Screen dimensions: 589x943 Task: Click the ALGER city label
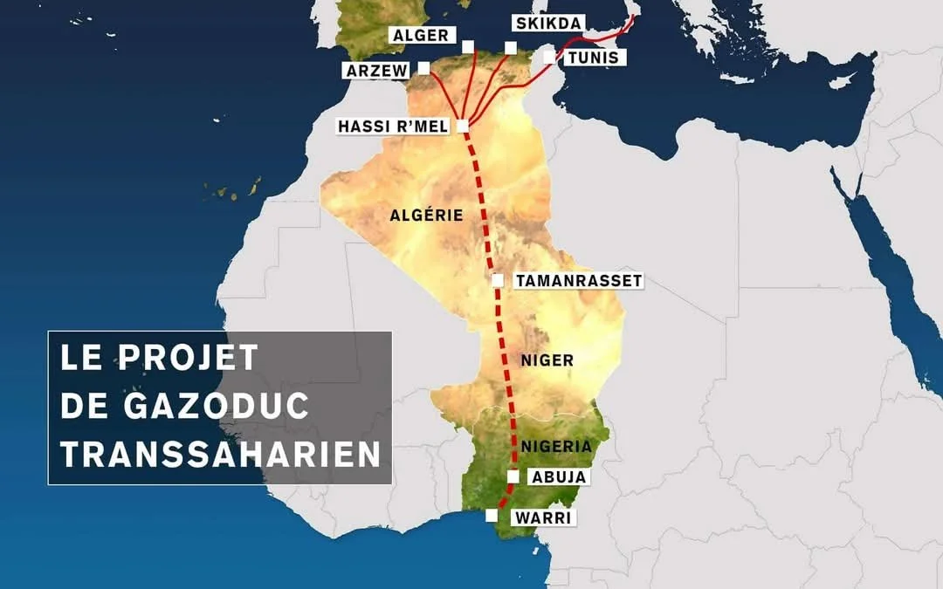click(x=420, y=36)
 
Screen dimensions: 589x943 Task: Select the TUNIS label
click(x=592, y=58)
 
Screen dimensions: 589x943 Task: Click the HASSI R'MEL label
click(x=393, y=127)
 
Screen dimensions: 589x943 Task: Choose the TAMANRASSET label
click(x=578, y=281)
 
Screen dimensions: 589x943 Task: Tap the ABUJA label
click(x=558, y=477)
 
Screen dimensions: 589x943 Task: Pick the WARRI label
click(x=542, y=517)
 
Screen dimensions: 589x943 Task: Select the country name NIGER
click(x=547, y=360)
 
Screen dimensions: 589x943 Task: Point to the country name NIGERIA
click(x=556, y=447)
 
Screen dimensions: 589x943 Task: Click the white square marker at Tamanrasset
click(x=497, y=281)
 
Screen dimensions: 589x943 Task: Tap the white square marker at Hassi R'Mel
click(x=462, y=127)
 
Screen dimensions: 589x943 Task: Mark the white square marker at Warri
click(x=492, y=516)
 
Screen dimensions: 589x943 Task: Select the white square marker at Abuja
click(x=513, y=476)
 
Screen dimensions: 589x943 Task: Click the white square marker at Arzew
click(x=424, y=67)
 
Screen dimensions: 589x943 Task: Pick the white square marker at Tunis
click(x=548, y=57)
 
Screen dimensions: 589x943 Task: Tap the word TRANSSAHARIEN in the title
click(x=220, y=455)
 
